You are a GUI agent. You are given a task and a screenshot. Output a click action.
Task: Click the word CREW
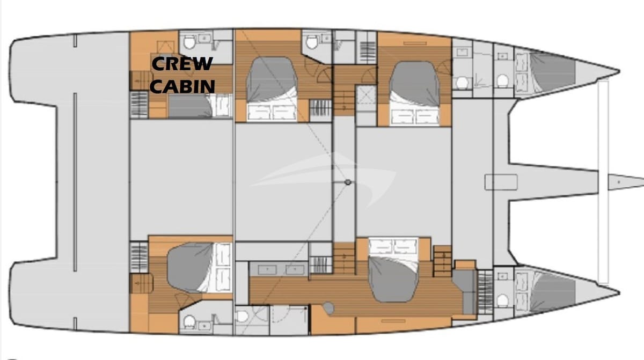point(182,64)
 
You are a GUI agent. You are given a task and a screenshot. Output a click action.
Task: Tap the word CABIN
point(182,85)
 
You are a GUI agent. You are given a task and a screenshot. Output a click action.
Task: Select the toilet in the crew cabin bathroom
point(189,41)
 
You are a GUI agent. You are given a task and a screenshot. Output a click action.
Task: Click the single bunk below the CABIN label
point(191,106)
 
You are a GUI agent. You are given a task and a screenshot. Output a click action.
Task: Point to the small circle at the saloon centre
point(348,182)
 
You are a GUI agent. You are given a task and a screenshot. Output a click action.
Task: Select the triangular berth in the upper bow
point(550,70)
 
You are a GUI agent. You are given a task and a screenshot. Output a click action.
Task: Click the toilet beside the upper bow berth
point(502,80)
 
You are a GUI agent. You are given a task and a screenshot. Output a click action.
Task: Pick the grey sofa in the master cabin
point(465,290)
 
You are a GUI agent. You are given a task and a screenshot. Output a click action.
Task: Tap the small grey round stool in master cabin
point(328,308)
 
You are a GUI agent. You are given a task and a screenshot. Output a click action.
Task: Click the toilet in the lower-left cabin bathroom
point(189,322)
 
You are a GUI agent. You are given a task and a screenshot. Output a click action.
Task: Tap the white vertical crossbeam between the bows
point(603,182)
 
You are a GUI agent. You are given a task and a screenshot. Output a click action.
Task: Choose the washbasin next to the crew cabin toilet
point(204,39)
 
